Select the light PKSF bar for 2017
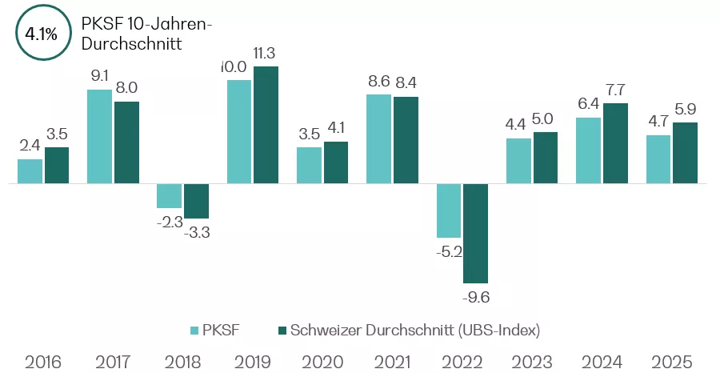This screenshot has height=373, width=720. [99, 136]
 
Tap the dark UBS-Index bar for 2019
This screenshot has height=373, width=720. [266, 125]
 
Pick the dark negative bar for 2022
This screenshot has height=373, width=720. [475, 233]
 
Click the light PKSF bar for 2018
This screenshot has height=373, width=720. [169, 196]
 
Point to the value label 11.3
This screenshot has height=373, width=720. [266, 54]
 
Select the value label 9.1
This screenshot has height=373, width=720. [99, 77]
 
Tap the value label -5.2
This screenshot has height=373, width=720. [449, 252]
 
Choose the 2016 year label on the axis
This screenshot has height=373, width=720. [42, 361]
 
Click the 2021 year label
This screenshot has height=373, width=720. [393, 361]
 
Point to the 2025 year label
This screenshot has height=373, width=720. [672, 361]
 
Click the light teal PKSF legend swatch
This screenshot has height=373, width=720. [194, 330]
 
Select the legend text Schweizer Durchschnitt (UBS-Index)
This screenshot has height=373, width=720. [416, 330]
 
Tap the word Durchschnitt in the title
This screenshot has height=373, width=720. [133, 43]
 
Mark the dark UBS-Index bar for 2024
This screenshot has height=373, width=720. [615, 143]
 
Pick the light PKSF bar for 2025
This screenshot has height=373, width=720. [658, 159]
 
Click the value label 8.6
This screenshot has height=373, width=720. [378, 82]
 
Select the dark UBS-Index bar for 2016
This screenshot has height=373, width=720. [57, 165]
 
